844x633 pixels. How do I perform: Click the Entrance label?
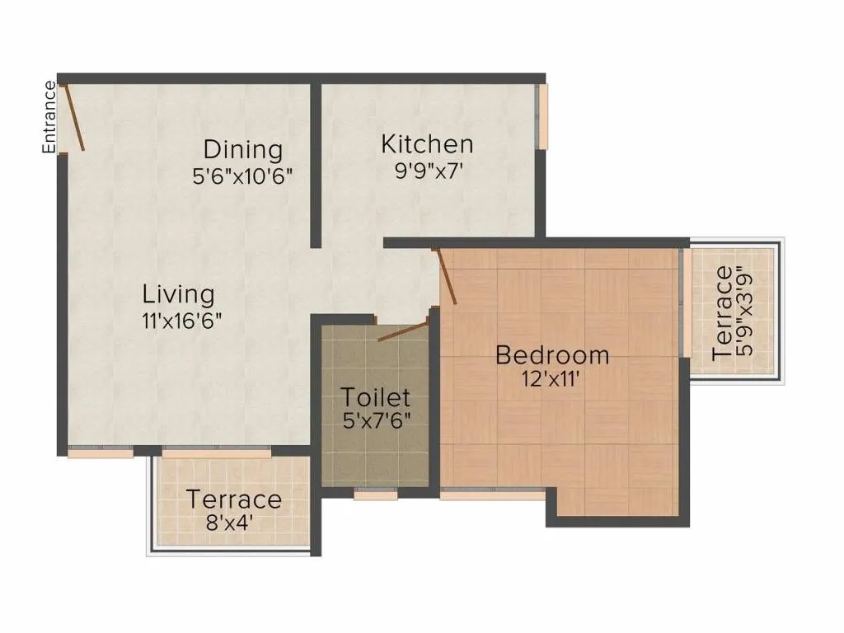(49, 117)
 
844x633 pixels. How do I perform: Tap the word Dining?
(243, 150)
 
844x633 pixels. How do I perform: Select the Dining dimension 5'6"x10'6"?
(243, 176)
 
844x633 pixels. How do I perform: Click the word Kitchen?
(427, 144)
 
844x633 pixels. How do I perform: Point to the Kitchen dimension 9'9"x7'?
(427, 171)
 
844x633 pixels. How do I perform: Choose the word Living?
(179, 293)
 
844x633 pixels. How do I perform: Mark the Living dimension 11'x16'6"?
(181, 321)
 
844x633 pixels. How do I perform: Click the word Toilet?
(376, 397)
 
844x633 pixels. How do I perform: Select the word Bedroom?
(552, 355)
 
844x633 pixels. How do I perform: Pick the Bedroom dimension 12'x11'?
(552, 382)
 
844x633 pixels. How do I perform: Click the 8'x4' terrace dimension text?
(233, 522)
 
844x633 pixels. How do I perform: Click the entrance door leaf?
(73, 117)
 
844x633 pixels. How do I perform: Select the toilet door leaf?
(404, 331)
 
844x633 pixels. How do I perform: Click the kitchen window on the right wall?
(542, 116)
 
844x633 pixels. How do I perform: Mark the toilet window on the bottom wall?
(376, 495)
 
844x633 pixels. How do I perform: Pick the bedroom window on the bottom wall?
(492, 495)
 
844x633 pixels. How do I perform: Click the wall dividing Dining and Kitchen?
(315, 165)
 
